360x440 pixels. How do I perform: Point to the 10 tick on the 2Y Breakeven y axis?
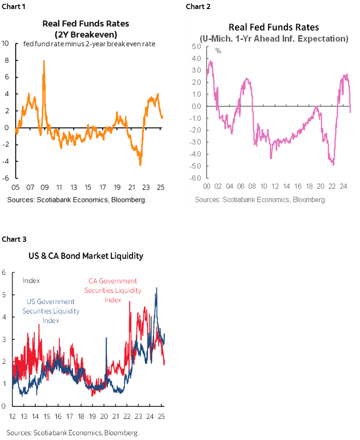pyautogui.click(x=6, y=43)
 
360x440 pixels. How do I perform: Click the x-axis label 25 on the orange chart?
pyautogui.click(x=160, y=188)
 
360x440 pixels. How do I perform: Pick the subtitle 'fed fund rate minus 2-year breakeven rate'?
pyautogui.click(x=89, y=44)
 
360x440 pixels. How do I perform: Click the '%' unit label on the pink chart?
pyautogui.click(x=218, y=51)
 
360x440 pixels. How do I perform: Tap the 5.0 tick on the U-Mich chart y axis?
pyautogui.click(x=197, y=46)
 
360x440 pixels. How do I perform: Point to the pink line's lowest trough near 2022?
pyautogui.click(x=333, y=164)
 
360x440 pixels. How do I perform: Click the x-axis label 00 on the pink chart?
pyautogui.click(x=206, y=188)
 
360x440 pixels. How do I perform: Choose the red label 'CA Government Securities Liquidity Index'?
pyautogui.click(x=113, y=290)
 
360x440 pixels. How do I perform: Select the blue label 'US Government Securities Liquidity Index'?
pyautogui.click(x=51, y=311)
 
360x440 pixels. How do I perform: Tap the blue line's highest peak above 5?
pyautogui.click(x=156, y=288)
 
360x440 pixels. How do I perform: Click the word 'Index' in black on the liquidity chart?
pyautogui.click(x=31, y=280)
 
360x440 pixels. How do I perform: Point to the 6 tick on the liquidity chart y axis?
pyautogui.click(x=3, y=272)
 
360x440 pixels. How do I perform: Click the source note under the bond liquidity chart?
pyautogui.click(x=73, y=432)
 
